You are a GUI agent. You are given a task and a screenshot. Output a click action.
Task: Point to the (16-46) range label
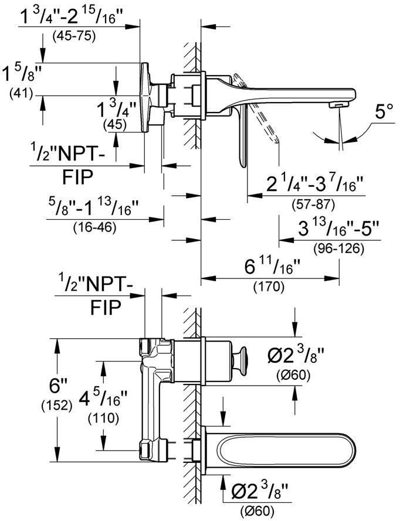[x=94, y=227]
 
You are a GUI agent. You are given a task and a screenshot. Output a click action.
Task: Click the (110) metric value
[x=103, y=418]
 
